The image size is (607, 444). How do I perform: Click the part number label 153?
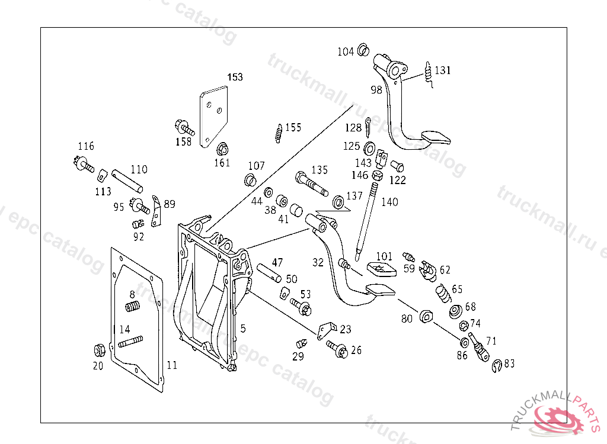click(235, 77)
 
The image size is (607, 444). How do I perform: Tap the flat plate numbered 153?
click(213, 116)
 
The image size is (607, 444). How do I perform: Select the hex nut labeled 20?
click(99, 350)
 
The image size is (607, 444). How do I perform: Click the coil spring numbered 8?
click(133, 307)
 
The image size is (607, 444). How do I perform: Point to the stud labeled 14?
click(130, 342)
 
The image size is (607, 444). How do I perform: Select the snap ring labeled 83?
click(497, 366)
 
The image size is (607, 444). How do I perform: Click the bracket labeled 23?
click(325, 330)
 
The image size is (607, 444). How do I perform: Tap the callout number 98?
click(376, 89)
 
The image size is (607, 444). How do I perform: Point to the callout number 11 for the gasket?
click(171, 365)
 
